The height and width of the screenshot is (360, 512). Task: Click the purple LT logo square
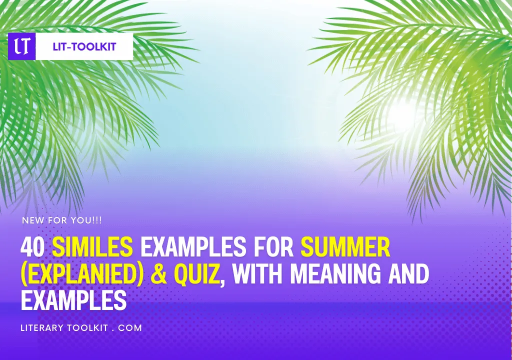[x=22, y=46]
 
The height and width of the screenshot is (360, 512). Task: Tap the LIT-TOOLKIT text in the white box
[x=84, y=46]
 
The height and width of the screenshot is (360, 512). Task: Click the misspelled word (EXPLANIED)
[x=82, y=273]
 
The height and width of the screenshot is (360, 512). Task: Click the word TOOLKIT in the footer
[x=87, y=327]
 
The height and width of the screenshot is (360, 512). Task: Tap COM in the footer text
[x=130, y=327]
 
